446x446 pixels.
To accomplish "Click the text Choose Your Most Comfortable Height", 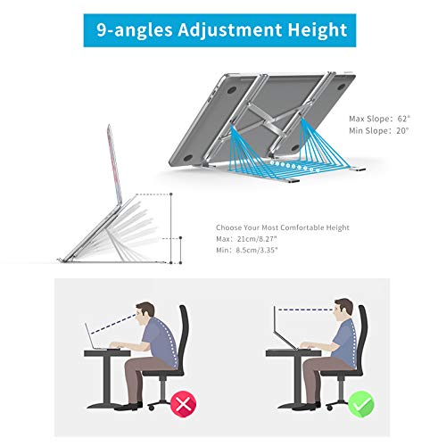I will (283, 227).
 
